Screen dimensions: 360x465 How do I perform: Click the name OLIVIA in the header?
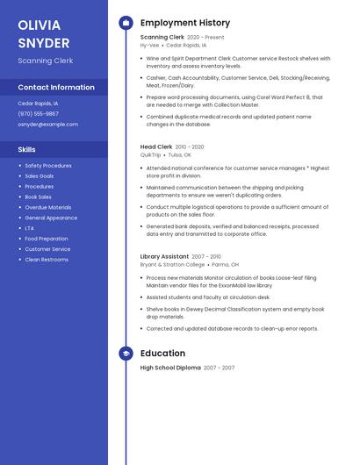[40, 25]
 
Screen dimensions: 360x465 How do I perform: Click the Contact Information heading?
[56, 87]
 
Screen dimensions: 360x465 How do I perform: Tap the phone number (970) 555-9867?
[39, 113]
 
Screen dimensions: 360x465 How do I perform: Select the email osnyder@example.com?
[47, 124]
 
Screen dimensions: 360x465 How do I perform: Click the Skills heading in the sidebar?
[26, 149]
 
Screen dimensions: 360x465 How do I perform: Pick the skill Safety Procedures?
[48, 165]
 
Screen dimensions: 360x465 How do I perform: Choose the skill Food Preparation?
[47, 239]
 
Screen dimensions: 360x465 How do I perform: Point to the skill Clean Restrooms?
[47, 260]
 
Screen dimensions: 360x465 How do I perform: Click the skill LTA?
[30, 228]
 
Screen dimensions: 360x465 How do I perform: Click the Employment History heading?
[185, 23]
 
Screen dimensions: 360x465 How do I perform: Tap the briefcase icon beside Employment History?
[126, 23]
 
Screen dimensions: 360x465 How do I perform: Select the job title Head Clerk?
[156, 147]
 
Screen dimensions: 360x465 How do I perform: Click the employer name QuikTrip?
[151, 154]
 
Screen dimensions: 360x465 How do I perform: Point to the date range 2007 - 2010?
[206, 256]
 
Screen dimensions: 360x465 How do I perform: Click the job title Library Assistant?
[164, 256]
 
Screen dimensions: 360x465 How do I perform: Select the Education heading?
[162, 354]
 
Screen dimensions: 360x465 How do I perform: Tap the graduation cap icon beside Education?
[126, 354]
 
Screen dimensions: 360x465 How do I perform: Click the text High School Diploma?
[170, 368]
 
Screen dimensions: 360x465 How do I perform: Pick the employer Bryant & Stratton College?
[172, 264]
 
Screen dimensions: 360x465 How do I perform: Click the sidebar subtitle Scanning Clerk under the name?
[46, 61]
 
